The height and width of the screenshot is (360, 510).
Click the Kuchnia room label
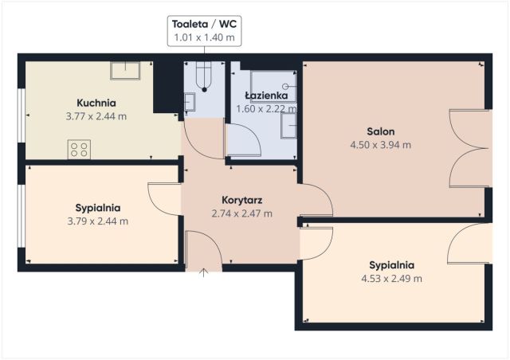(x=96, y=103)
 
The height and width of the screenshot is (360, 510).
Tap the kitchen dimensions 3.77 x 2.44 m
(x=96, y=116)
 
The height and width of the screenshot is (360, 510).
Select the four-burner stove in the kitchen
(x=79, y=149)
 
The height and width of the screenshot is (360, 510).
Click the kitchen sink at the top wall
(x=125, y=70)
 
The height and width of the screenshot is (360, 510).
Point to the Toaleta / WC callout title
(x=204, y=24)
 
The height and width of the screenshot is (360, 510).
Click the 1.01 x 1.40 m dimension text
(x=204, y=37)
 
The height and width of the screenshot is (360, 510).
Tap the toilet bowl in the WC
(x=204, y=76)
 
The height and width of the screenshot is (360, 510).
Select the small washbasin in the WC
(x=190, y=102)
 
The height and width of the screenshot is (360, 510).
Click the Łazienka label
(x=266, y=96)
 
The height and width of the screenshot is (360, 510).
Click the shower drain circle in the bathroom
(x=285, y=86)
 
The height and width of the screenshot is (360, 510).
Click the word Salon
(x=381, y=131)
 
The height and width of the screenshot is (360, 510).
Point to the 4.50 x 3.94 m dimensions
(x=381, y=145)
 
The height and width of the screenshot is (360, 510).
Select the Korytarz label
(x=242, y=200)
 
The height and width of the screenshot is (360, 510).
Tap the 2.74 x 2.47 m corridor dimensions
(x=242, y=213)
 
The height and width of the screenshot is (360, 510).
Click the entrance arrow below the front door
(x=204, y=272)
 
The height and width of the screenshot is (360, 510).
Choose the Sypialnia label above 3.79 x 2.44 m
(x=98, y=208)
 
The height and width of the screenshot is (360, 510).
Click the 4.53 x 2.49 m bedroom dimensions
(x=391, y=279)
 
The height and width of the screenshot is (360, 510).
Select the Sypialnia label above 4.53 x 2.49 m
(x=391, y=265)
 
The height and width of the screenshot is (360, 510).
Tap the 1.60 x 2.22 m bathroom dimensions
(x=266, y=109)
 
